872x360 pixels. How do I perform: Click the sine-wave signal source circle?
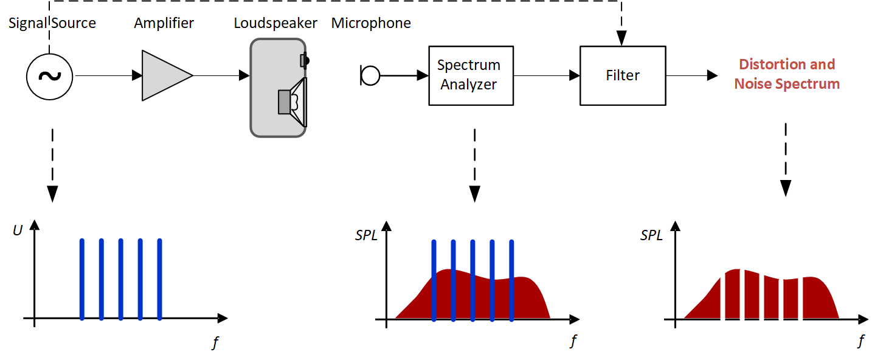[x=49, y=76]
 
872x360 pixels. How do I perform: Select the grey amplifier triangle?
[x=163, y=75]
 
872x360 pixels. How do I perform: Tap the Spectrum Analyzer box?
[x=471, y=75]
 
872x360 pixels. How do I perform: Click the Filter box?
[x=623, y=75]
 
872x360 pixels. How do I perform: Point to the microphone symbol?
[x=370, y=75]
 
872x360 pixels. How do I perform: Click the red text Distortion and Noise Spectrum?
[x=787, y=74]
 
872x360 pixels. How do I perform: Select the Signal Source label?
[x=52, y=24]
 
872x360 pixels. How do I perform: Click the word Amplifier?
[x=164, y=24]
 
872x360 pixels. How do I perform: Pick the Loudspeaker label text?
[x=275, y=24]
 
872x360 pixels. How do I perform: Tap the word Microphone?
[x=371, y=24]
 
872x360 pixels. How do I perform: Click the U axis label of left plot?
[x=17, y=230]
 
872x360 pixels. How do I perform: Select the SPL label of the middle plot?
[x=366, y=235]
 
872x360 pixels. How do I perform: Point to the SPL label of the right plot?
[x=651, y=235]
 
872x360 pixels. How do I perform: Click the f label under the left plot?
[x=215, y=343]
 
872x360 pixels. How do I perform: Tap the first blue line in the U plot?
[x=82, y=279]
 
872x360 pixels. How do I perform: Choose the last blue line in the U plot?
[x=160, y=279]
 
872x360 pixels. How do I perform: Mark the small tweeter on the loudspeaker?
[x=304, y=60]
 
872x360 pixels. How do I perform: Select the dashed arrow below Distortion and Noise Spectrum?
[x=786, y=159]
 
